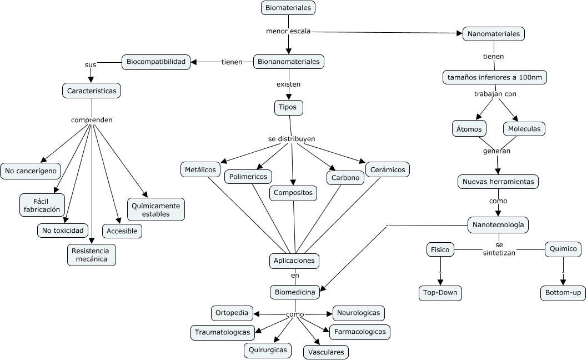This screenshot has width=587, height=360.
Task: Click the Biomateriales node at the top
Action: pos(288,8)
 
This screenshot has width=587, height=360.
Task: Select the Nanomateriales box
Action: pos(494,34)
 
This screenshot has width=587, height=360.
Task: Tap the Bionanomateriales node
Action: pos(289,62)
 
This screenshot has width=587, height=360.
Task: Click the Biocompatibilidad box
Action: pos(156,62)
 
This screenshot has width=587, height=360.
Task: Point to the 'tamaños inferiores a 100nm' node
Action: pos(495,77)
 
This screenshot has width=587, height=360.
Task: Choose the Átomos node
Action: pos(469,129)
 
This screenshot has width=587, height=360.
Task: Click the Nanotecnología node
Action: pos(498,225)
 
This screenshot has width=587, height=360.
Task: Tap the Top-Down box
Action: pos(440,293)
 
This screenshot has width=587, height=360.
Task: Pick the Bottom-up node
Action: pos(563,293)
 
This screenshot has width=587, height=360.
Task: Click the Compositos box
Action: pos(294,193)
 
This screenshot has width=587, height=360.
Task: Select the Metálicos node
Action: pos(200,169)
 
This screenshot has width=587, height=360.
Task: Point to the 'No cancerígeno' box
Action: pos(31,171)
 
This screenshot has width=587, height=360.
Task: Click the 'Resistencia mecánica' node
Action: pos(92,254)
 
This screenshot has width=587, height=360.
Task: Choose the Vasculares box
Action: pos(326,352)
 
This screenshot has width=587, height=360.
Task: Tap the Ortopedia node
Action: pos(232,313)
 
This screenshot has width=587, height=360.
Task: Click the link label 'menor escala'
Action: pos(288,31)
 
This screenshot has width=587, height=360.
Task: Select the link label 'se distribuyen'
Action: pos(292,138)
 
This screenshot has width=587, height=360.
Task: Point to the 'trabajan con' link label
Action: pos(495,94)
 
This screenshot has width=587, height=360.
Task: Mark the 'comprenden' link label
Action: pos(92,119)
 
